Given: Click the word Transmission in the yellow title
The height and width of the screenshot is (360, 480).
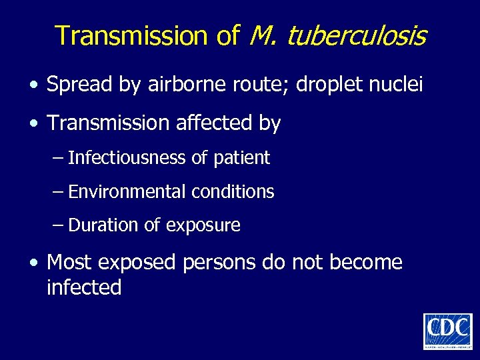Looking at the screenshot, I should tap(133, 36).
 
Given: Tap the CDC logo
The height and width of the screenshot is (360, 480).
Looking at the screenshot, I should tap(447, 331).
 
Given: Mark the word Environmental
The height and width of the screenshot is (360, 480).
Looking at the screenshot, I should tap(127, 192).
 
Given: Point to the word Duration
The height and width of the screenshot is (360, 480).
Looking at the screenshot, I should tap(104, 225).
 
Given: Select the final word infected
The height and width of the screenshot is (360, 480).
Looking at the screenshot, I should tap(84, 287).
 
